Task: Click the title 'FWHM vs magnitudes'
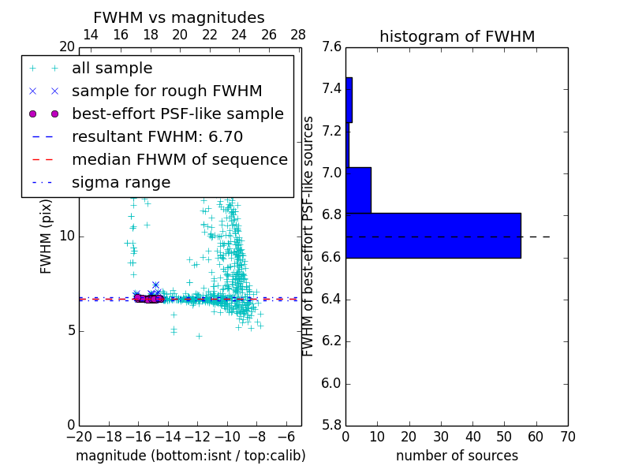tap(179, 17)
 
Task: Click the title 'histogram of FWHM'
tap(457, 36)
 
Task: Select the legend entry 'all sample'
tap(112, 69)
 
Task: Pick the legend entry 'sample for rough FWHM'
tap(166, 91)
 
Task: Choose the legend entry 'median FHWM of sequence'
tap(179, 159)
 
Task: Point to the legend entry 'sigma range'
tap(121, 183)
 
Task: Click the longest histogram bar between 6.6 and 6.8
tap(433, 235)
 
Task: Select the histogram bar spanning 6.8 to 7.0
tap(358, 190)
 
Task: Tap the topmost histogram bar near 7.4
tap(349, 99)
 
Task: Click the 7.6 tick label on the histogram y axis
tap(333, 47)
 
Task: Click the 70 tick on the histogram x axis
tap(568, 436)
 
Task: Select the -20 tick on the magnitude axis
tap(79, 436)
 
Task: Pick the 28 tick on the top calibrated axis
tap(298, 35)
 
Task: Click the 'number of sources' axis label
tap(457, 456)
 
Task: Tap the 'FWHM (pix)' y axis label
tap(47, 237)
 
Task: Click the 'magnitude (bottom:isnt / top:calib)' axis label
tap(190, 456)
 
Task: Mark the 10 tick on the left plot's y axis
tap(67, 236)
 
